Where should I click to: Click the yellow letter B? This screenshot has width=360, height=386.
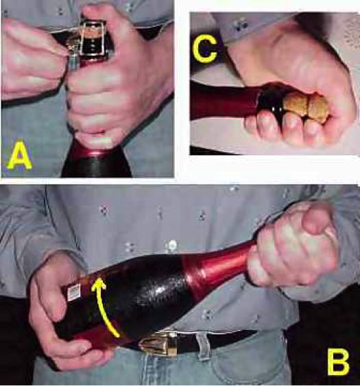[338, 363]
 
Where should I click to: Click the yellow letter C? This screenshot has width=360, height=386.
[205, 49]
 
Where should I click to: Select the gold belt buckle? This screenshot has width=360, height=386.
[159, 343]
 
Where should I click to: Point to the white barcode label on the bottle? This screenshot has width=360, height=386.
[75, 292]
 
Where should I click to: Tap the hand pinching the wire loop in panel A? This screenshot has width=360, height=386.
[33, 59]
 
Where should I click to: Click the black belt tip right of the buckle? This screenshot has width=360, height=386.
[221, 338]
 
